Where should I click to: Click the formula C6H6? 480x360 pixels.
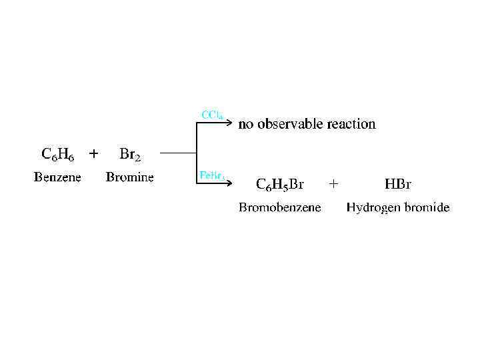pyautogui.click(x=57, y=155)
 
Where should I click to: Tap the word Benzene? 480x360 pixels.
pyautogui.click(x=57, y=177)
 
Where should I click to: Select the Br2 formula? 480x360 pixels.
pyautogui.click(x=130, y=155)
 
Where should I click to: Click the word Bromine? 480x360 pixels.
pyautogui.click(x=130, y=177)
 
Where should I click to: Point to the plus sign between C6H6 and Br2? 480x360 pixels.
pyautogui.click(x=93, y=154)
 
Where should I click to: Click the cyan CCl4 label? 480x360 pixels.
pyautogui.click(x=213, y=115)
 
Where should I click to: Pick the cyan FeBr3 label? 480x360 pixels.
pyautogui.click(x=213, y=175)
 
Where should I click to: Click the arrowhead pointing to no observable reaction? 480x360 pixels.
pyautogui.click(x=230, y=123)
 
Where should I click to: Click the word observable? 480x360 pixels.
pyautogui.click(x=288, y=124)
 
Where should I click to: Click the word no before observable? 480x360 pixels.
pyautogui.click(x=246, y=125)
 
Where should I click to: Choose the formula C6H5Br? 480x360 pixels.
pyautogui.click(x=280, y=183)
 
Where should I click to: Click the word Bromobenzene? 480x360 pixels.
pyautogui.click(x=280, y=207)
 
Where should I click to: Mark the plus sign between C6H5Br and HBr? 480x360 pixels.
pyautogui.click(x=334, y=182)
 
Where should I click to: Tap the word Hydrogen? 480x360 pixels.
pyautogui.click(x=374, y=208)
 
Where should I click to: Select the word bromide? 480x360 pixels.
pyautogui.click(x=427, y=207)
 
